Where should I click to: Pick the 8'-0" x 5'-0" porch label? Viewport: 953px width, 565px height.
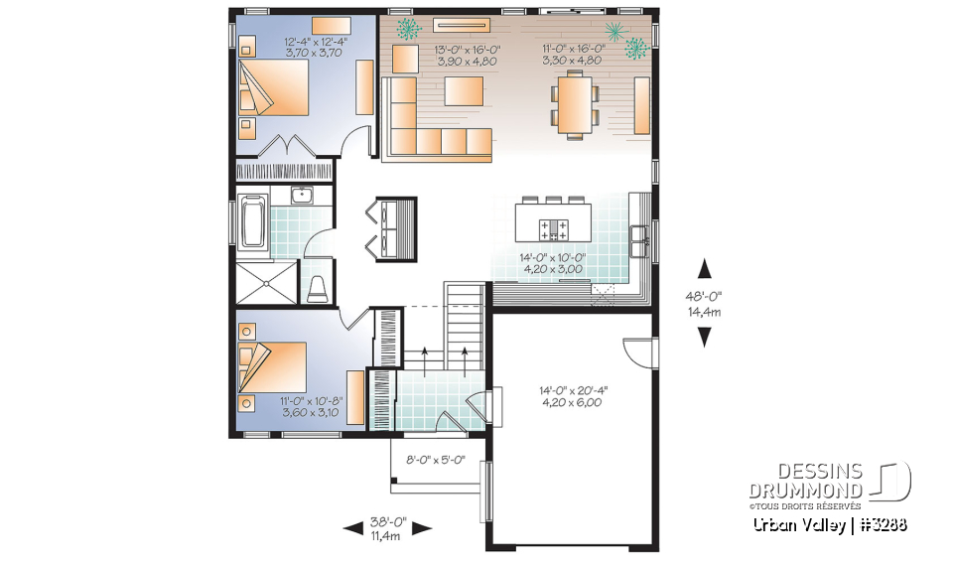(x=437, y=460)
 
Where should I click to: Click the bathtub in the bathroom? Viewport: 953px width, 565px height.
(x=252, y=220)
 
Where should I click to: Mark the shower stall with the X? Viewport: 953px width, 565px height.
(x=266, y=282)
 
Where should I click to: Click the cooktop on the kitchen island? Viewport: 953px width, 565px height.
(x=553, y=230)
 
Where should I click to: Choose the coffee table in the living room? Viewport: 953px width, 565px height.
(x=464, y=91)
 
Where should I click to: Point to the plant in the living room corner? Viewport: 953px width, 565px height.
(x=406, y=29)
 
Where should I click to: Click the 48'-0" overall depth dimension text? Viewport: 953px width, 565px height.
(x=705, y=295)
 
